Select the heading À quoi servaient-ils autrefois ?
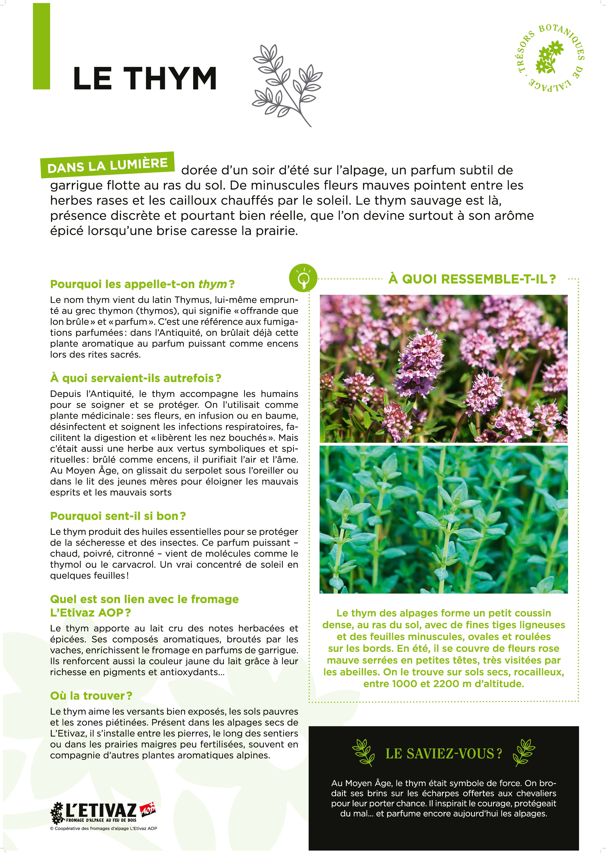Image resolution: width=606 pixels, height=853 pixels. click(x=135, y=378)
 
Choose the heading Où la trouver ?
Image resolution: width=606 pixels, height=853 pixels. click(x=91, y=695)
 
